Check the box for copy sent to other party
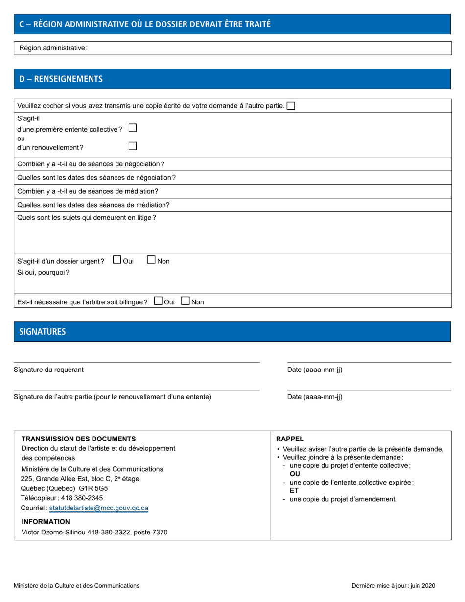(x=291, y=106)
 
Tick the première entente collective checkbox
(x=132, y=128)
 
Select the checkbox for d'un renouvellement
(x=132, y=146)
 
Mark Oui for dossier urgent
(x=117, y=260)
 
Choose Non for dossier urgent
(x=152, y=260)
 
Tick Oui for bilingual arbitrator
(x=158, y=301)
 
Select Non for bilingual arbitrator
(x=186, y=301)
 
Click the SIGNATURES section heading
(x=42, y=331)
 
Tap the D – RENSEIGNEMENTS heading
(x=61, y=79)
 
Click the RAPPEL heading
(x=290, y=439)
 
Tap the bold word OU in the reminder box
(x=295, y=474)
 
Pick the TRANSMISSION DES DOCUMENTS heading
(x=79, y=439)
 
